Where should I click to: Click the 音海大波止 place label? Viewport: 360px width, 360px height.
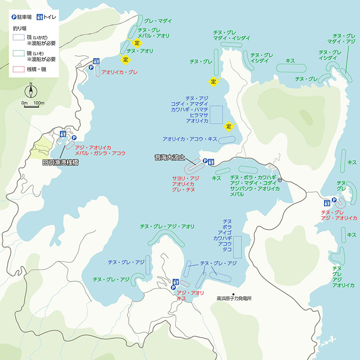169,158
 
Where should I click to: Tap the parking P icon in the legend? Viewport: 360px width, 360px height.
14,17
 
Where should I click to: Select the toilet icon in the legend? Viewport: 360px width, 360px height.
40,17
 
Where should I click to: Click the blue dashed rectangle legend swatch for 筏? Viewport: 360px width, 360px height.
19,37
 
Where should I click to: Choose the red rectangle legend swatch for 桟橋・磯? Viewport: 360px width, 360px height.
19,70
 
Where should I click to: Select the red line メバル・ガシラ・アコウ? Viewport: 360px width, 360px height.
100,153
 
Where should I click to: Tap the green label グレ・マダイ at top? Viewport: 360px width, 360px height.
158,21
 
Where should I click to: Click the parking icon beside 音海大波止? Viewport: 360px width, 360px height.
205,161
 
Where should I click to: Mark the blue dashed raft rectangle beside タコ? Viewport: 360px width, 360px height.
237,246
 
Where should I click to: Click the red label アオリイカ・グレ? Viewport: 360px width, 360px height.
120,72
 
